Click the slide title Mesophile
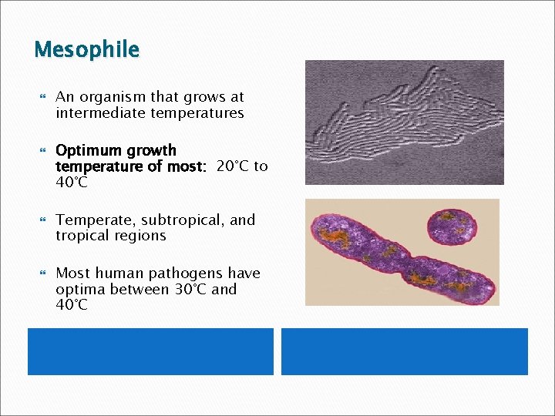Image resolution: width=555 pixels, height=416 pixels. point(86,50)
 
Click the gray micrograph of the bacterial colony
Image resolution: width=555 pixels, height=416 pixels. point(404,122)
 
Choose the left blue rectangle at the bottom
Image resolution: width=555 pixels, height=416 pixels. point(150,351)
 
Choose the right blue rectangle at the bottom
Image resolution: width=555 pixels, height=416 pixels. point(404,351)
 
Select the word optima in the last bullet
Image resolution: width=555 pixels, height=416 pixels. point(80,290)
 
